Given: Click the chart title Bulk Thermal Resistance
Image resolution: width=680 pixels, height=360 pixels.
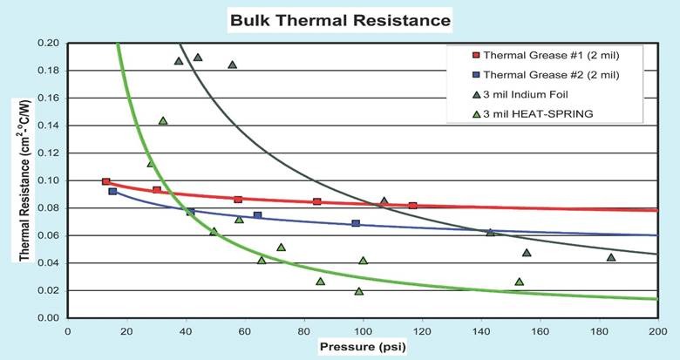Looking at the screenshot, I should point(340,18).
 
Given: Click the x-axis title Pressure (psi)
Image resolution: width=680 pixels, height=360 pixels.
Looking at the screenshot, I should point(362,347).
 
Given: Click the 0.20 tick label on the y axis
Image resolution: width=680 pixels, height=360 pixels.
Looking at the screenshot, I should point(49,43).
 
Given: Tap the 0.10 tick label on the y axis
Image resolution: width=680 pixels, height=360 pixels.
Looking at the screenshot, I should point(49,180).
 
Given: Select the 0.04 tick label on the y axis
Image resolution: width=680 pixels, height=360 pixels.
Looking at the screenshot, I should point(49,263).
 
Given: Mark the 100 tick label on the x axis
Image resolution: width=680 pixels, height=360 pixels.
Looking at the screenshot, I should point(363,331).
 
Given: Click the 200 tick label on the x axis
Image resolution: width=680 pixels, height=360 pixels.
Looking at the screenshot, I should point(658,331).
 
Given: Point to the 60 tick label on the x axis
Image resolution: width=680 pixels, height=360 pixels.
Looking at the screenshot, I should point(245,331).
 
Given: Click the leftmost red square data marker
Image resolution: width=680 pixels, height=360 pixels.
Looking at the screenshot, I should point(106,181).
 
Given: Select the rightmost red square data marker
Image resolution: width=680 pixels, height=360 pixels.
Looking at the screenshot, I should point(412,206).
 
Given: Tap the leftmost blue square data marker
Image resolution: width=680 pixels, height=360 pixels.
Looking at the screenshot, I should point(112,191).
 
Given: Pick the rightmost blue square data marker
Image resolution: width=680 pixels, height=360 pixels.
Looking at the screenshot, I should point(356,224).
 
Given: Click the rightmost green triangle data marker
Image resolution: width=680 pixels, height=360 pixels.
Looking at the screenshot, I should point(611,257).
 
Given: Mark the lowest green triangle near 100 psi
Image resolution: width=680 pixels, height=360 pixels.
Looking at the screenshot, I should point(359,291).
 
